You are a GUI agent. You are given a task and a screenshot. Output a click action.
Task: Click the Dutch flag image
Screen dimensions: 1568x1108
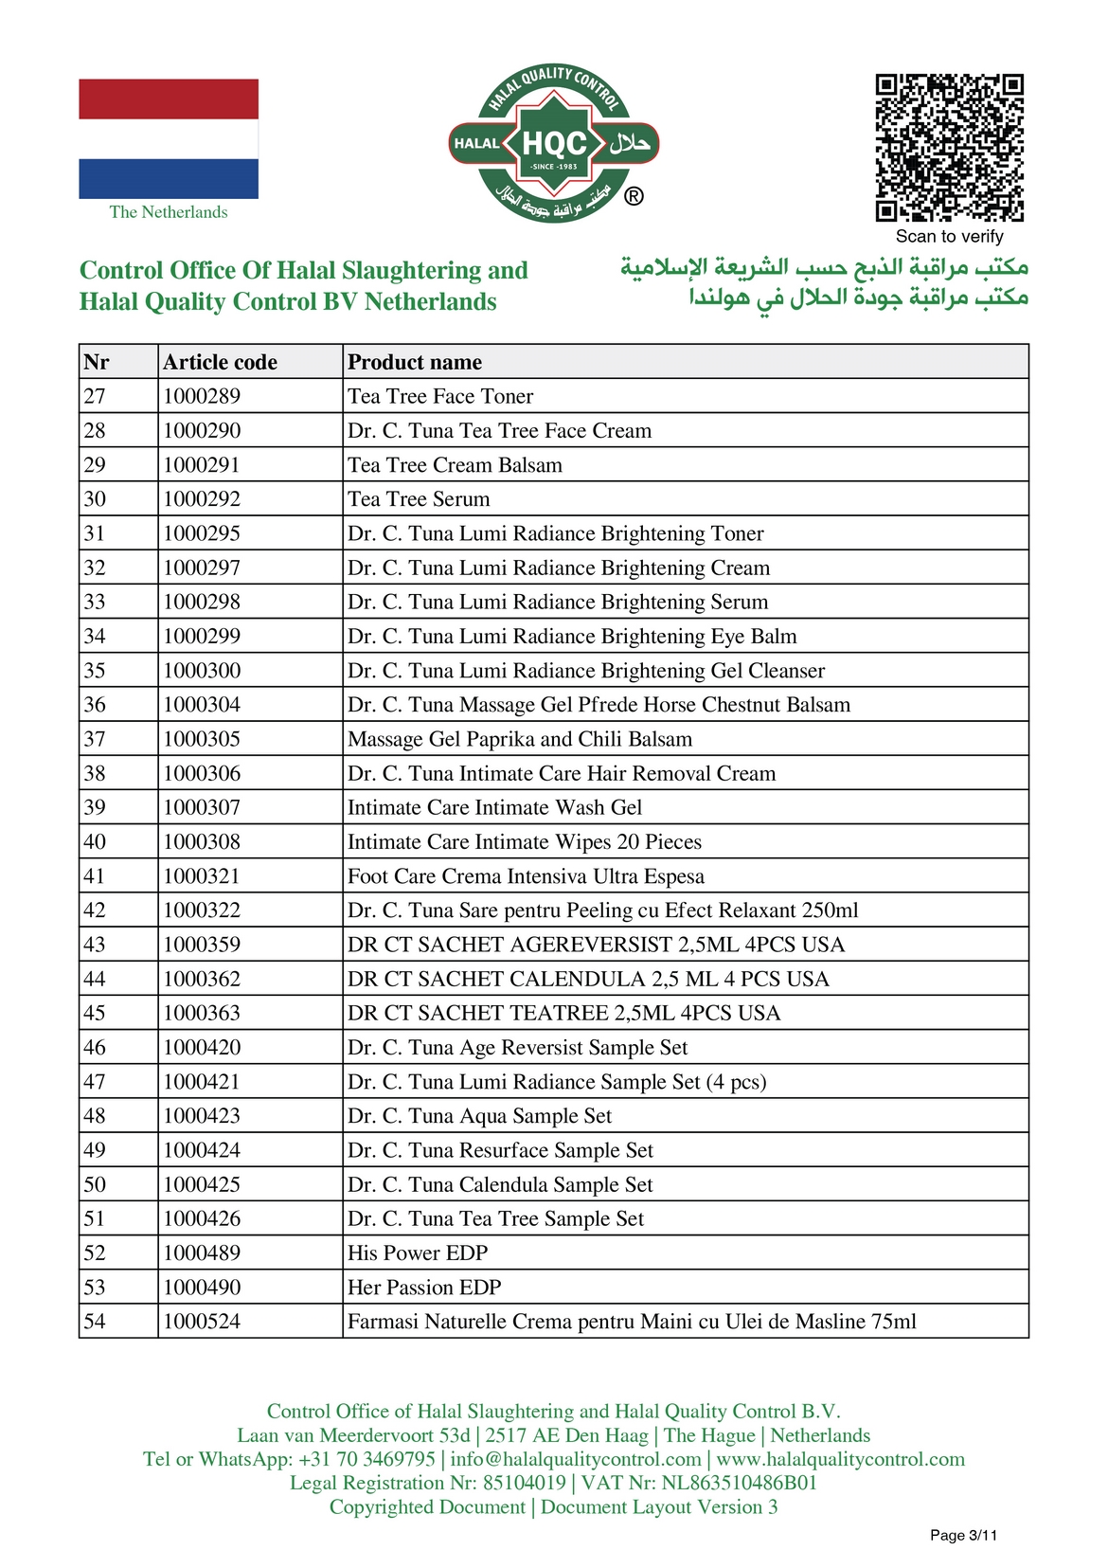coord(169,138)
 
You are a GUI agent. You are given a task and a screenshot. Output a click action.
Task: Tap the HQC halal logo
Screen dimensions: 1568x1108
coord(554,144)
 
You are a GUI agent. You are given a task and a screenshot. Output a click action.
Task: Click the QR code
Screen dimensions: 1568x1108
coord(949,148)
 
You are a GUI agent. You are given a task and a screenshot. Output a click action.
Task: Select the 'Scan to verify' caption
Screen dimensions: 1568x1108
coord(949,237)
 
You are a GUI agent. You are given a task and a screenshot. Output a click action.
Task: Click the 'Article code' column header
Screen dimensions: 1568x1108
coord(220,362)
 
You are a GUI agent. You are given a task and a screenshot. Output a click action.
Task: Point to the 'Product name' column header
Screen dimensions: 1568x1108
coord(415,362)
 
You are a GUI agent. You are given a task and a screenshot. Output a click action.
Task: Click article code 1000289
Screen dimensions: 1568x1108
coord(202,396)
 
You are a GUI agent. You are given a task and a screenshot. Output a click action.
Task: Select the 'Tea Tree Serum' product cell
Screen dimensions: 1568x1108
coord(419,499)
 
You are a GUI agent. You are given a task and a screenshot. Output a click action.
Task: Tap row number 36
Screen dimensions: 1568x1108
coord(95,705)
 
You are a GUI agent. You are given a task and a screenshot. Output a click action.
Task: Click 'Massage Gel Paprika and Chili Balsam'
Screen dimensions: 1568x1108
coord(520,739)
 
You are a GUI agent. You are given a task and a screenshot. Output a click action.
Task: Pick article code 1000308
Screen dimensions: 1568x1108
coord(202,842)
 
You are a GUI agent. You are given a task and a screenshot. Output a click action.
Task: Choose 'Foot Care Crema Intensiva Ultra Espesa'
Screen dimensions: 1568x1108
coord(526,876)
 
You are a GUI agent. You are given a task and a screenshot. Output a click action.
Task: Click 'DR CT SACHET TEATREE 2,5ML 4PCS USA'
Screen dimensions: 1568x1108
coord(563,1013)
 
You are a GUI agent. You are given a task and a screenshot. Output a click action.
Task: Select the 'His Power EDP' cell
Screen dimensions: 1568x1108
coord(418,1253)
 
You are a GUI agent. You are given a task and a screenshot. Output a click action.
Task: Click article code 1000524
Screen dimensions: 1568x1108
coord(202,1322)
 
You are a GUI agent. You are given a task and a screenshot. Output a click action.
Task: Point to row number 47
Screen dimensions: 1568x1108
coord(95,1082)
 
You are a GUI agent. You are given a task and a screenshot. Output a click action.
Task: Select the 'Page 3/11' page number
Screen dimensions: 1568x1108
coord(963,1535)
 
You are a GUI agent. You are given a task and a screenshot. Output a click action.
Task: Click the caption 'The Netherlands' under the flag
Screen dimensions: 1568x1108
coord(169,212)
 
